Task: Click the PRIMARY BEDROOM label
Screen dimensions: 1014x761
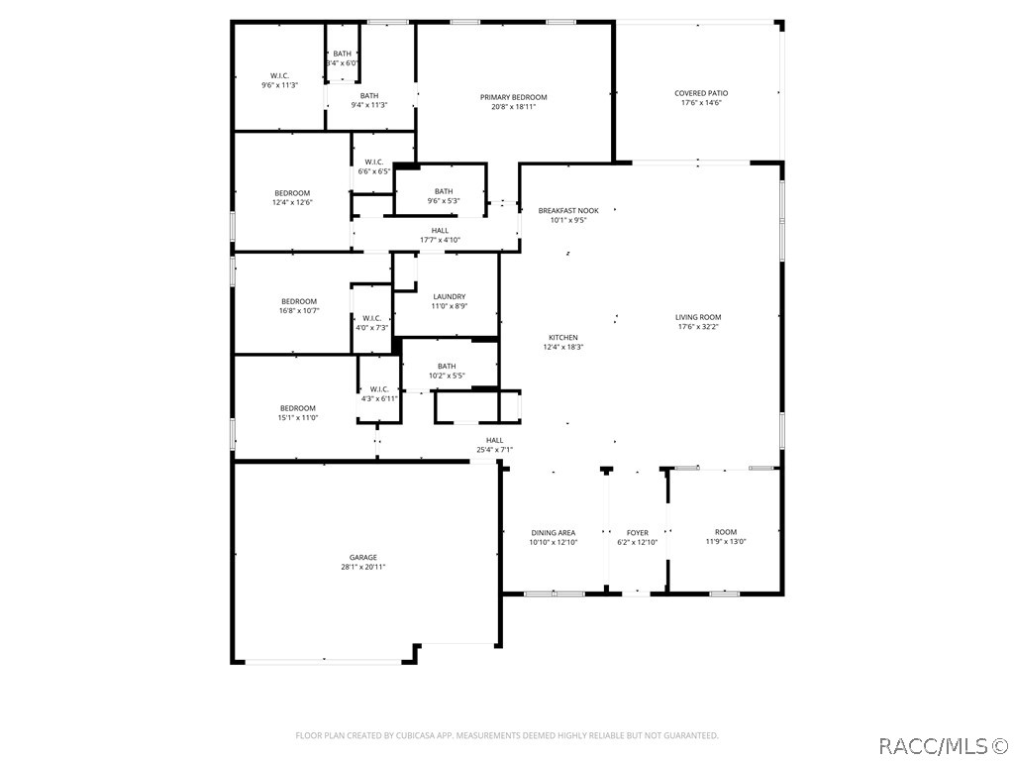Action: pos(514,97)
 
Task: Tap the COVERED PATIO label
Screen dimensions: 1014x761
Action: pos(701,93)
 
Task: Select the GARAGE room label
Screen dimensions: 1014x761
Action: pos(363,557)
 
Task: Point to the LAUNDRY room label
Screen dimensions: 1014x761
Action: pos(450,296)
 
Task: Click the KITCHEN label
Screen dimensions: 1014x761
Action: pos(563,337)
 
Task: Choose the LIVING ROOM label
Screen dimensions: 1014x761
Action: pos(698,317)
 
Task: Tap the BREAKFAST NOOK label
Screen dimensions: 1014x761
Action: pos(568,210)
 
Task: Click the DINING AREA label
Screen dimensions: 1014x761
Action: pos(554,532)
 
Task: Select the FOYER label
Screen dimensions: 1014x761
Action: pos(638,532)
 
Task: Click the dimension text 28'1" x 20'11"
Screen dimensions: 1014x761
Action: pos(363,567)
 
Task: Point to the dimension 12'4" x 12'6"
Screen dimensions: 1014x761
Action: pos(292,202)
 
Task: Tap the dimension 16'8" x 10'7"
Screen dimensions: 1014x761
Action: pos(299,310)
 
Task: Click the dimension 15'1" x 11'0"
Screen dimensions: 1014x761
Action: pos(297,417)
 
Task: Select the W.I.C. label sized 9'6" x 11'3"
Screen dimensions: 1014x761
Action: pos(279,75)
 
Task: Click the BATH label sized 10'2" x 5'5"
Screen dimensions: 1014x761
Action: pos(447,366)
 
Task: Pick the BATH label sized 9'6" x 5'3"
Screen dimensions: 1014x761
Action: pos(444,191)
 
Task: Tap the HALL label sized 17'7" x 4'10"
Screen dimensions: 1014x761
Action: pos(440,230)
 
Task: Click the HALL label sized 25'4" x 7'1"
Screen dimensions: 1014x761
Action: pos(495,440)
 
